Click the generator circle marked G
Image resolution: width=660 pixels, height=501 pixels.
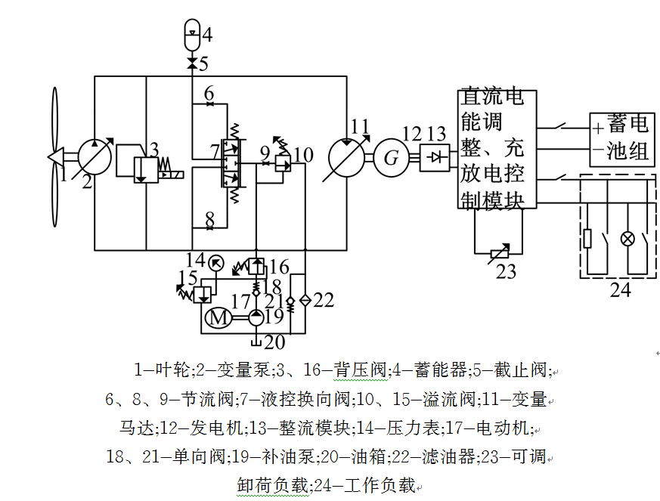click(391, 158)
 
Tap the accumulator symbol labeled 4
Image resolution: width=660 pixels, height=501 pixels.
click(192, 32)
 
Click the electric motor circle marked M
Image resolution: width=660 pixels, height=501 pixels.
click(218, 318)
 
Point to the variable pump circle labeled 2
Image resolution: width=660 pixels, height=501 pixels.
click(95, 156)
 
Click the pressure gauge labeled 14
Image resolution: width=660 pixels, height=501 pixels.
click(216, 263)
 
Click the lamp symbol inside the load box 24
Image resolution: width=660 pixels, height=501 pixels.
click(626, 239)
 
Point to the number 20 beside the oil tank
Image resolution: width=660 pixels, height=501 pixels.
click(275, 342)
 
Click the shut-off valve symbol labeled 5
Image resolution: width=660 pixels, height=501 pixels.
click(192, 63)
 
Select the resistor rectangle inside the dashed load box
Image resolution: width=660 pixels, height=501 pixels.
click(587, 239)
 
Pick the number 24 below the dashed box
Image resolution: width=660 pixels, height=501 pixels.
click(620, 289)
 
